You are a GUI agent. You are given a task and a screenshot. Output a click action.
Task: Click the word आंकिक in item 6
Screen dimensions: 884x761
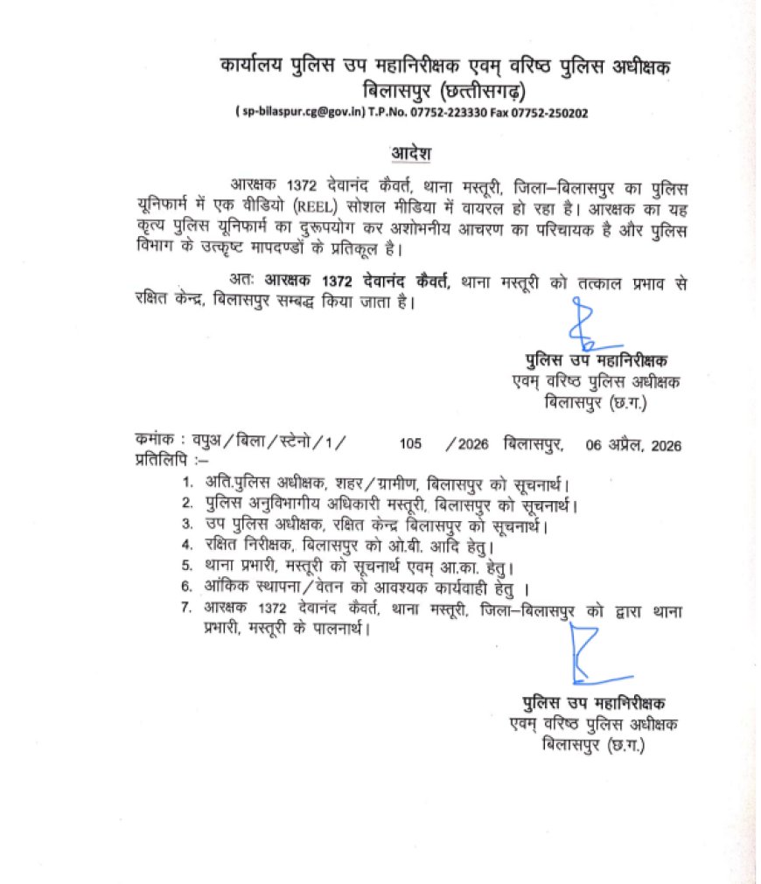pos(230,586)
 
